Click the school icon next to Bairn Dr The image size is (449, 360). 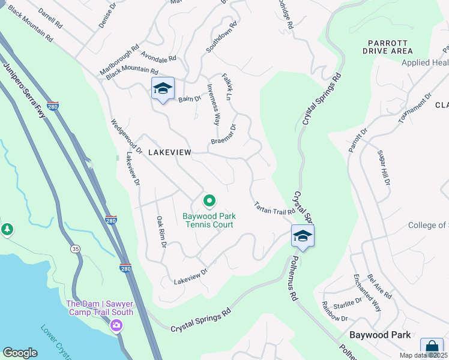[x=163, y=89]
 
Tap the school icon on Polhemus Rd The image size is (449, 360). [x=303, y=236]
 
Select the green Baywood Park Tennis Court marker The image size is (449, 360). [x=209, y=201]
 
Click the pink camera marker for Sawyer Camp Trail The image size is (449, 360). [x=116, y=325]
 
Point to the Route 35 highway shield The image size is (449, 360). [x=76, y=248]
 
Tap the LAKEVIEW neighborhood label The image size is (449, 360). [x=170, y=153]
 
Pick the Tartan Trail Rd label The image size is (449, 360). [x=274, y=208]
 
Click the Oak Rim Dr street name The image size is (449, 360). [x=161, y=232]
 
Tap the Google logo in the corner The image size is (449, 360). [x=20, y=352]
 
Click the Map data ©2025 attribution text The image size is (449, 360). [x=423, y=355]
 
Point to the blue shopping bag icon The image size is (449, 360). [x=431, y=347]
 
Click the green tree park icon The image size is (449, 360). [x=7, y=229]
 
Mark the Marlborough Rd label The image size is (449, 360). [x=119, y=54]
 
